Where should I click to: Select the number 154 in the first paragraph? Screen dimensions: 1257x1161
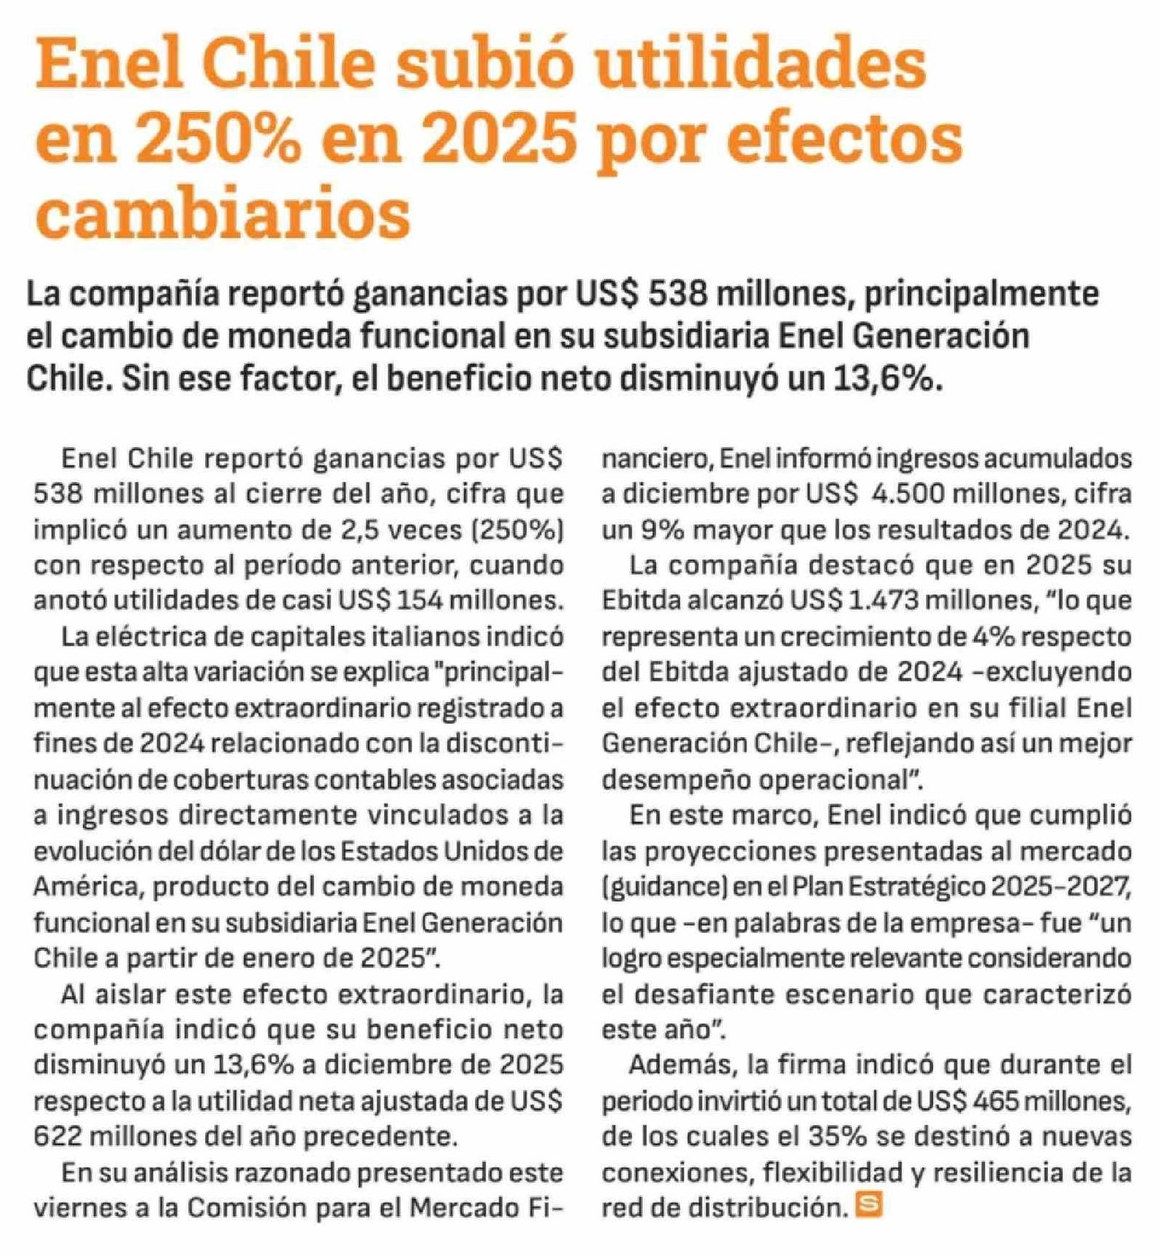(x=419, y=600)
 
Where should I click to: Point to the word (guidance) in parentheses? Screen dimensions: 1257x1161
(x=663, y=886)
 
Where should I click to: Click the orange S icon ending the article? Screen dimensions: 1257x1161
(x=869, y=1205)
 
